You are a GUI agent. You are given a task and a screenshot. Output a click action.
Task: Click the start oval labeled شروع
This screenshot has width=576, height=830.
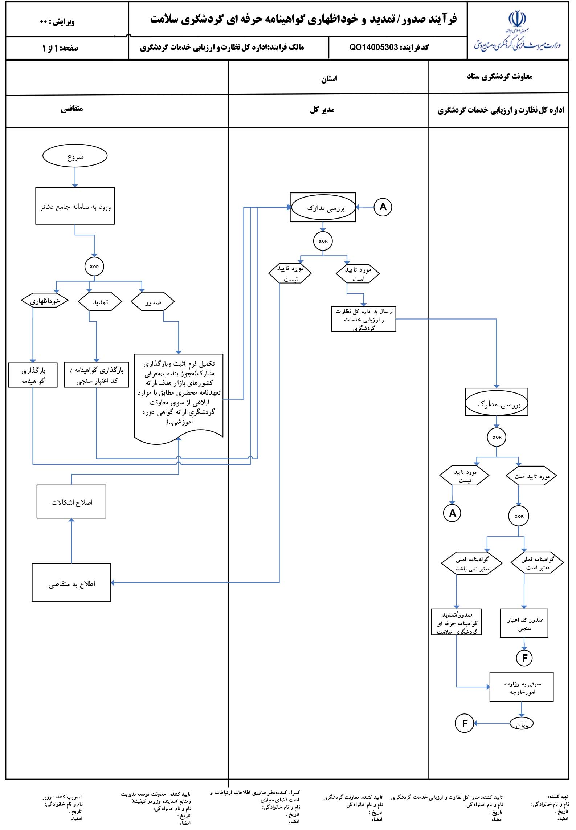click(75, 156)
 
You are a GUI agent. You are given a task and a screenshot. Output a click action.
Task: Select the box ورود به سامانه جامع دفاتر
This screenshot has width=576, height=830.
click(75, 206)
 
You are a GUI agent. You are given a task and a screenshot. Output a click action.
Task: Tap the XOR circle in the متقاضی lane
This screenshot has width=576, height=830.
click(94, 267)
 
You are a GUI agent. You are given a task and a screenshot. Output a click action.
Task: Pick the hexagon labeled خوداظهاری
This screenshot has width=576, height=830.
click(45, 301)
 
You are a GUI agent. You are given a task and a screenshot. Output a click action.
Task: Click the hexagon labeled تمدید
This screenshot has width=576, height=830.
click(100, 302)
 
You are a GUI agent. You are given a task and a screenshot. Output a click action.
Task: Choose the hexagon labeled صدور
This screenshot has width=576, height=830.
click(152, 302)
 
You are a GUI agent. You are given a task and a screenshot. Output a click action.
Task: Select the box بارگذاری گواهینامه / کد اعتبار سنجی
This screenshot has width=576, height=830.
click(97, 375)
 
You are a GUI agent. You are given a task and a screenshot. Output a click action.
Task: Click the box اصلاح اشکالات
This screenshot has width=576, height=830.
click(72, 502)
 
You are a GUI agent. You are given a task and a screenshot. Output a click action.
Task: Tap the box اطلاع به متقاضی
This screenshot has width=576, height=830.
click(72, 583)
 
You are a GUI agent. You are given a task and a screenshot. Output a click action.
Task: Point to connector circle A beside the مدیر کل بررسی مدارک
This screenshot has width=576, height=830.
click(383, 207)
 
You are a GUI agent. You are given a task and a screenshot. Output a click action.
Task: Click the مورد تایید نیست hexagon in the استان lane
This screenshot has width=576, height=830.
click(290, 273)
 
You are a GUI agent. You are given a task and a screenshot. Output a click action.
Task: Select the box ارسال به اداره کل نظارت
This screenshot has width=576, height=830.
click(363, 319)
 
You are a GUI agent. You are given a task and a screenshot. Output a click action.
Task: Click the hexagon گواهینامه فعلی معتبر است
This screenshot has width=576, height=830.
click(537, 563)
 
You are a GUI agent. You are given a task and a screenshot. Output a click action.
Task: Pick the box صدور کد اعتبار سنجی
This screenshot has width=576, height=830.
click(524, 623)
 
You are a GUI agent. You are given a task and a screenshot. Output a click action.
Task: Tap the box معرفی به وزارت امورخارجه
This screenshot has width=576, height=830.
click(522, 687)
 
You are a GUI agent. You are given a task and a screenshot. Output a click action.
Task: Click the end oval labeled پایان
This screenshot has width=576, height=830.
click(522, 724)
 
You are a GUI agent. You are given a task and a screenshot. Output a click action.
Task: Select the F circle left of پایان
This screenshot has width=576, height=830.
click(465, 723)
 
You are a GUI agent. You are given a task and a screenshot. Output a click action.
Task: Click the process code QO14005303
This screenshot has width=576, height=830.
click(374, 47)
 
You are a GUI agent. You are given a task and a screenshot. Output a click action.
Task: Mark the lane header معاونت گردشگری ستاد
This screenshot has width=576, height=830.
click(499, 76)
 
